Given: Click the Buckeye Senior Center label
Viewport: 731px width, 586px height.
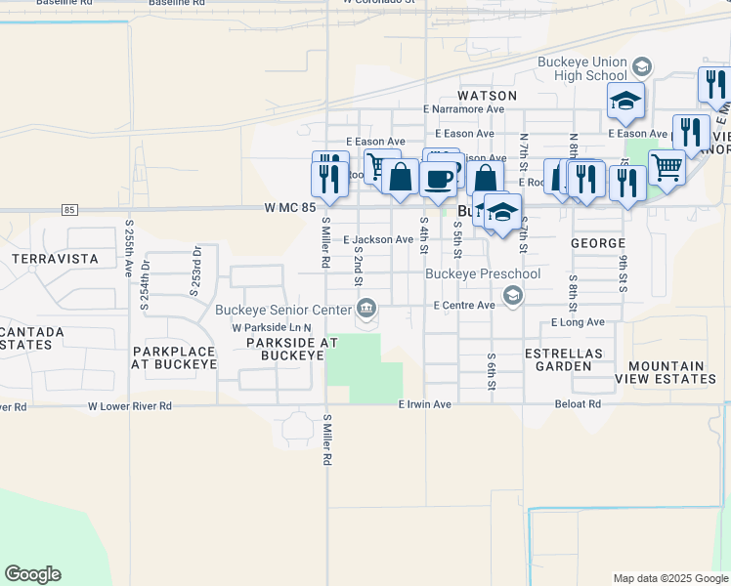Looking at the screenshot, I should pyautogui.click(x=283, y=311).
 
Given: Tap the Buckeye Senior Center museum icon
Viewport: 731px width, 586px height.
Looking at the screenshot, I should pyautogui.click(x=365, y=311).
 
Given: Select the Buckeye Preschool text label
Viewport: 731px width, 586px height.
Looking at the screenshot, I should pyautogui.click(x=483, y=274).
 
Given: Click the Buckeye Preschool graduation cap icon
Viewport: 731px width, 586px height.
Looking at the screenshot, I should pyautogui.click(x=509, y=294).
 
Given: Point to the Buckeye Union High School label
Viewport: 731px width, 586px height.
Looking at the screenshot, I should pyautogui.click(x=582, y=68).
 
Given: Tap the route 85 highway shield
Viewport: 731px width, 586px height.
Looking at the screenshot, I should pyautogui.click(x=68, y=209).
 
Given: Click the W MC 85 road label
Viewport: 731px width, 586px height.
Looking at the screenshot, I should pyautogui.click(x=290, y=208).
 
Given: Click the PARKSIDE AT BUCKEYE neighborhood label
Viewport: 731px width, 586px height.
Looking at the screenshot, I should pyautogui.click(x=285, y=350).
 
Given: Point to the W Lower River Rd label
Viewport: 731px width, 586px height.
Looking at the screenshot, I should pyautogui.click(x=130, y=405).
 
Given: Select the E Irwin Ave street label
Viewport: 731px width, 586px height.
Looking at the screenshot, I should pyautogui.click(x=425, y=404).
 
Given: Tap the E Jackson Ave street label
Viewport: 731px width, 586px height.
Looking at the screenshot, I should pyautogui.click(x=378, y=239).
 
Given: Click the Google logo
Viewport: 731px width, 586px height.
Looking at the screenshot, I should pyautogui.click(x=32, y=574).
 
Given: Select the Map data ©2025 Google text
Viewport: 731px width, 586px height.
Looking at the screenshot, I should pyautogui.click(x=669, y=578).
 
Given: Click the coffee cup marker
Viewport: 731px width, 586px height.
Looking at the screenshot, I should pyautogui.click(x=441, y=179).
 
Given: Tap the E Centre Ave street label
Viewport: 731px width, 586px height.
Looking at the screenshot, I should pyautogui.click(x=465, y=306).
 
